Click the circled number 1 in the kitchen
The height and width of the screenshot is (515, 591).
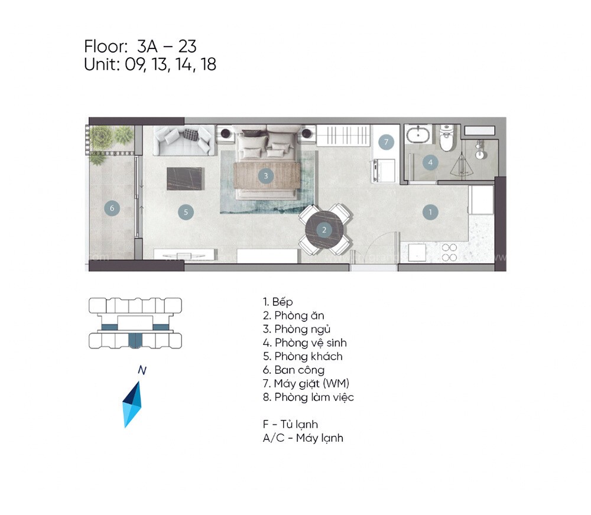pos(430,211)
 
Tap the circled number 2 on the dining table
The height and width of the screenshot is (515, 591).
pos(324,230)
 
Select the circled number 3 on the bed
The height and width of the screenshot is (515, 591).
pos(266,175)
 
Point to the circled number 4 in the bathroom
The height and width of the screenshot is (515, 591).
pos(430,162)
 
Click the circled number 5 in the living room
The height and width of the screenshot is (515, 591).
pos(186,211)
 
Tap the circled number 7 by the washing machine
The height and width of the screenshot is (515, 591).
pos(385,142)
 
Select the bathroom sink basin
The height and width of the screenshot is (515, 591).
pos(420,135)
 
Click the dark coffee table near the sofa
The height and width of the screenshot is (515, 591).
pos(184,178)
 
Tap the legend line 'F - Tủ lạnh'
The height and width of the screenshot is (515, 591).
pos(291,424)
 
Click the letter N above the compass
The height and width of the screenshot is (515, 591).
pos(141,370)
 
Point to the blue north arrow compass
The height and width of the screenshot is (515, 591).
pos(132,404)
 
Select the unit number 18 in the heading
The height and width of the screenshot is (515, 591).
pos(208,64)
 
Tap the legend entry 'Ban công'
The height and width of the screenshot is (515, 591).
pos(294,370)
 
